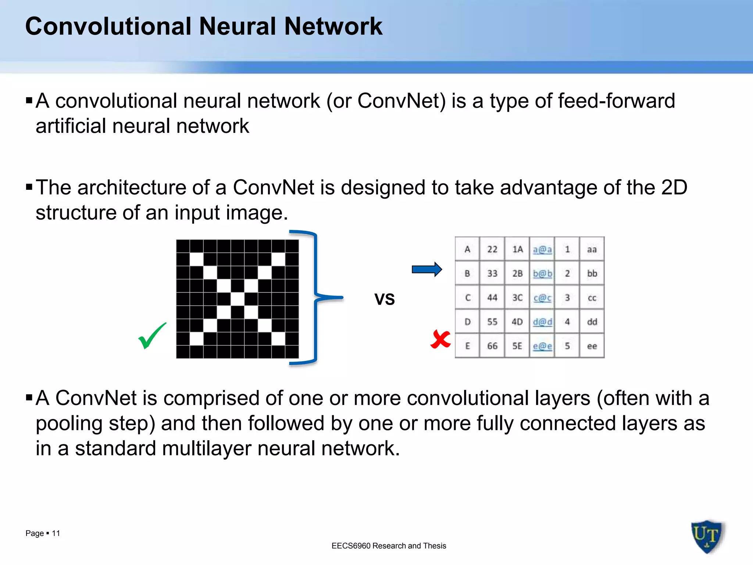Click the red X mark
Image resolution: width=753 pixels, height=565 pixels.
coord(440,339)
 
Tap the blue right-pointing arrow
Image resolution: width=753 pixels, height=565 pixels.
coord(427,270)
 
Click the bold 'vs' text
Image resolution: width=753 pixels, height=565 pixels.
coord(385,298)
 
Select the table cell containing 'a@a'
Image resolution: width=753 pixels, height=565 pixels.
coord(542,249)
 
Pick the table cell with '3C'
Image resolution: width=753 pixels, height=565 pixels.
coord(517,298)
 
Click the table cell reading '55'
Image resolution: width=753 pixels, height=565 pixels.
coord(492,322)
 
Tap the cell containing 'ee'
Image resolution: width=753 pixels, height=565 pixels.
coord(592,346)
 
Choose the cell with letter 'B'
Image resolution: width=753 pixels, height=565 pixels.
coord(467,273)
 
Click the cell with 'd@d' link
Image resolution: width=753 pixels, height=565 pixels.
coord(542,322)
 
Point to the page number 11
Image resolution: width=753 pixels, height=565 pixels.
coord(56,533)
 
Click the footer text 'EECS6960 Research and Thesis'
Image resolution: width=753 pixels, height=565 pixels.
coord(389,546)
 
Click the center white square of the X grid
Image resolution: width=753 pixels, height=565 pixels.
coord(238,299)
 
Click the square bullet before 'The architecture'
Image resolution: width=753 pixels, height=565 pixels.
coord(29,188)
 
